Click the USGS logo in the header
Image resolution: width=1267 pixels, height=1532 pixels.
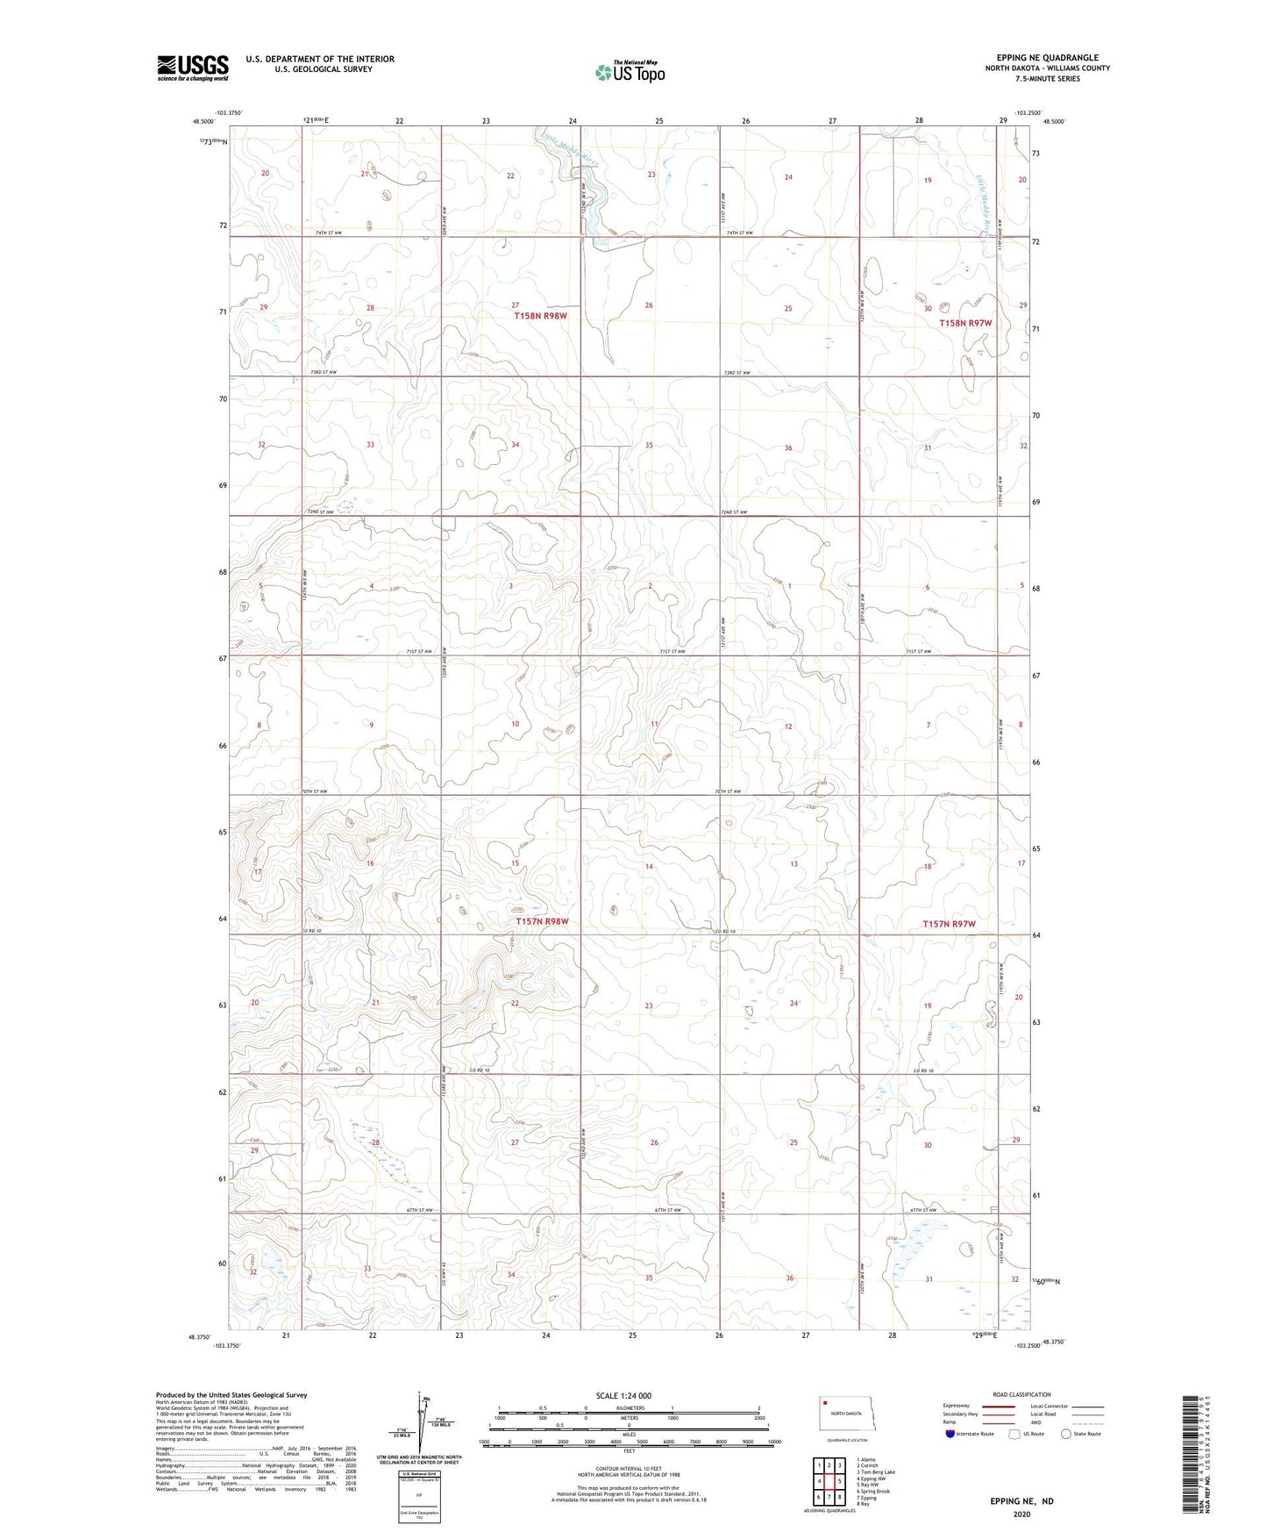tap(192, 68)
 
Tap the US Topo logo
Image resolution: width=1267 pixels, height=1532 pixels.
tap(629, 72)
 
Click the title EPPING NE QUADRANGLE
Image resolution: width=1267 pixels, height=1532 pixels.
tap(1047, 58)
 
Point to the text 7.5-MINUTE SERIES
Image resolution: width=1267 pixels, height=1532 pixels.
tap(1047, 79)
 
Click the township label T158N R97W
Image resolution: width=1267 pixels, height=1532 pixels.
tap(965, 323)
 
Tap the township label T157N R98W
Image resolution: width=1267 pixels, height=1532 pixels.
tap(542, 921)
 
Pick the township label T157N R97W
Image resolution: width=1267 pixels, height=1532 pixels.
tap(949, 924)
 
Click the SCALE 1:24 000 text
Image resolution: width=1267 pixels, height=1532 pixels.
tap(623, 1395)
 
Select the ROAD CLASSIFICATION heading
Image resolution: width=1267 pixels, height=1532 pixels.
tap(1021, 1394)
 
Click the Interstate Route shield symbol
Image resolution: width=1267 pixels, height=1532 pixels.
tap(950, 1434)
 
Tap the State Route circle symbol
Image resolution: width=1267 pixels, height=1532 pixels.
tap(1065, 1434)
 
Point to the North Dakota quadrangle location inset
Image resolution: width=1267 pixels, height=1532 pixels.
tap(846, 1414)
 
